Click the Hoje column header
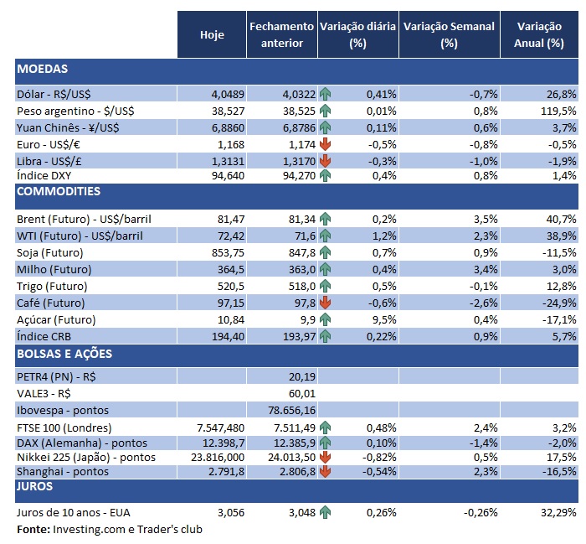tap(213, 34)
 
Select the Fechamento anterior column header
tap(281, 34)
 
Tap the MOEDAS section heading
tap(42, 69)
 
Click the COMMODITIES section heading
tap(59, 191)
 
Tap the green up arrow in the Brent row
tap(325, 219)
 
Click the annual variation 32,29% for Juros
tap(554, 512)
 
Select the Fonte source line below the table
tap(109, 529)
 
